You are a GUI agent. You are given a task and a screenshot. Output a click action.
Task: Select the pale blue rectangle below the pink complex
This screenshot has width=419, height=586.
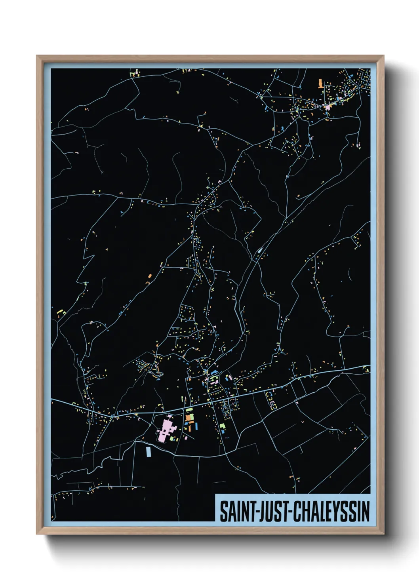(x=149, y=451)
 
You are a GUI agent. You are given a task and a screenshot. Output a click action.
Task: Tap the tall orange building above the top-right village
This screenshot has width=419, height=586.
(x=320, y=83)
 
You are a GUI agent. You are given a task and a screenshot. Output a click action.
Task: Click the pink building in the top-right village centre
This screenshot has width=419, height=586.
(x=328, y=107)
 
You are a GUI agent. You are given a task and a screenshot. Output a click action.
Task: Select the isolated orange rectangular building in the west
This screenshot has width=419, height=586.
(x=150, y=276)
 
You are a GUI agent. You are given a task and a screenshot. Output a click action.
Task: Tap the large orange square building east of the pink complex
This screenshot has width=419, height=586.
(x=189, y=417)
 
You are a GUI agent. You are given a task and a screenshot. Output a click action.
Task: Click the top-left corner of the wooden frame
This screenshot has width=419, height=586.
(x=37, y=56)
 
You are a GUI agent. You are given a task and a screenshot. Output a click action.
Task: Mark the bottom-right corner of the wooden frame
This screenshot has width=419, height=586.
(x=383, y=534)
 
